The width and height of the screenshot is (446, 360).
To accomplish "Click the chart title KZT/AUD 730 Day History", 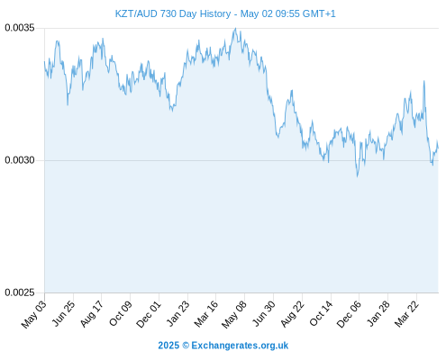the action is click(173, 13).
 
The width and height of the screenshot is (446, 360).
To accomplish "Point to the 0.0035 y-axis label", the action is click(20, 28).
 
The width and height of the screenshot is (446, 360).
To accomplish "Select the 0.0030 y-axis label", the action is click(20, 160).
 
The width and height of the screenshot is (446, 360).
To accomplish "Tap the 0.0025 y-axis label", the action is click(20, 292).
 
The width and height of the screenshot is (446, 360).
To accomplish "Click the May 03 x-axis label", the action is click(34, 314).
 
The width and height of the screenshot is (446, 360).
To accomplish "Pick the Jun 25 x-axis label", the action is click(63, 313).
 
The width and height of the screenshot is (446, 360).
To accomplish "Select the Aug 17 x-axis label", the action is click(92, 313).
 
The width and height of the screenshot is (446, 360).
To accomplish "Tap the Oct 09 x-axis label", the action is click(121, 313).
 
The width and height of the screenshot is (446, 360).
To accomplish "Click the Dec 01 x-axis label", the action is click(149, 314).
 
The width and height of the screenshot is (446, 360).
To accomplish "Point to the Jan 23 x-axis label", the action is click(178, 313).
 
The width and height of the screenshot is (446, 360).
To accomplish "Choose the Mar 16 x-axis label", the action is click(205, 314).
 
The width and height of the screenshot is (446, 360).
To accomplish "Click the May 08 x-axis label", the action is click(234, 314).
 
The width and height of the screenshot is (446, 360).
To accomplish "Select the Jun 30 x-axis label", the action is click(264, 313).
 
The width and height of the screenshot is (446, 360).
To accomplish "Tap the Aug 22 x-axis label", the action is click(292, 313).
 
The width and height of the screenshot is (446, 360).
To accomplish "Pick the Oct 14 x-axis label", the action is click(321, 313).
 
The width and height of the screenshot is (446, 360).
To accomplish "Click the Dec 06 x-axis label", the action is click(349, 314).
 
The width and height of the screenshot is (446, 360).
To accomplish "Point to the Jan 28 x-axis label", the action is click(378, 313).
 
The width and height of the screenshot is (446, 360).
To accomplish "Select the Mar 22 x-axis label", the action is click(406, 314).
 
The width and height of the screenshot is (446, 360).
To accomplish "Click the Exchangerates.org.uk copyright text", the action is click(223, 346).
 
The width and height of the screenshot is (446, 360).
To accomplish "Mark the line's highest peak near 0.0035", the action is click(235, 29).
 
